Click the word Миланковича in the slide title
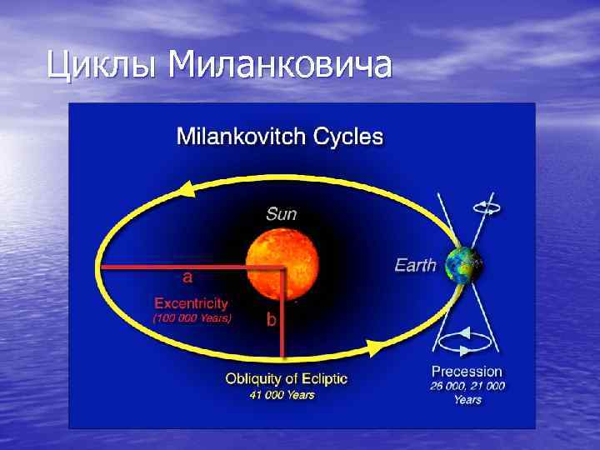[x=279, y=64]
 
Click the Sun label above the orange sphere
[x=281, y=213]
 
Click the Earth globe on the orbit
[x=464, y=266]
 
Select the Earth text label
[x=415, y=266]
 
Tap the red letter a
[x=188, y=276]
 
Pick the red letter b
[x=272, y=318]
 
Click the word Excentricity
[x=191, y=304]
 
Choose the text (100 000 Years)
[x=192, y=318]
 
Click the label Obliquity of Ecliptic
[x=287, y=379]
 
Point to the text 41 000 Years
[x=282, y=395]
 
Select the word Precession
[x=467, y=371]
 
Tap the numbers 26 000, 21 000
[x=467, y=385]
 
